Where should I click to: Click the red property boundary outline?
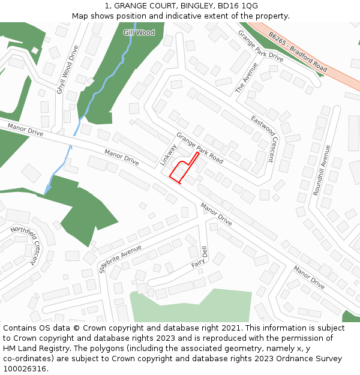pos(178,172)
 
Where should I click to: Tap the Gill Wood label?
pos(139,32)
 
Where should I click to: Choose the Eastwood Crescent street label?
pos(265,139)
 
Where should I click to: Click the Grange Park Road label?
pos(199,148)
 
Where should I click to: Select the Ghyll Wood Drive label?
pos(68,70)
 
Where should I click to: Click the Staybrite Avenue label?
pos(120,258)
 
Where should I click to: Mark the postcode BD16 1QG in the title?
pos(238,6)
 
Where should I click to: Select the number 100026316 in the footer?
pos(25,369)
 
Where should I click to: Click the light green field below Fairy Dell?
pos(192,306)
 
